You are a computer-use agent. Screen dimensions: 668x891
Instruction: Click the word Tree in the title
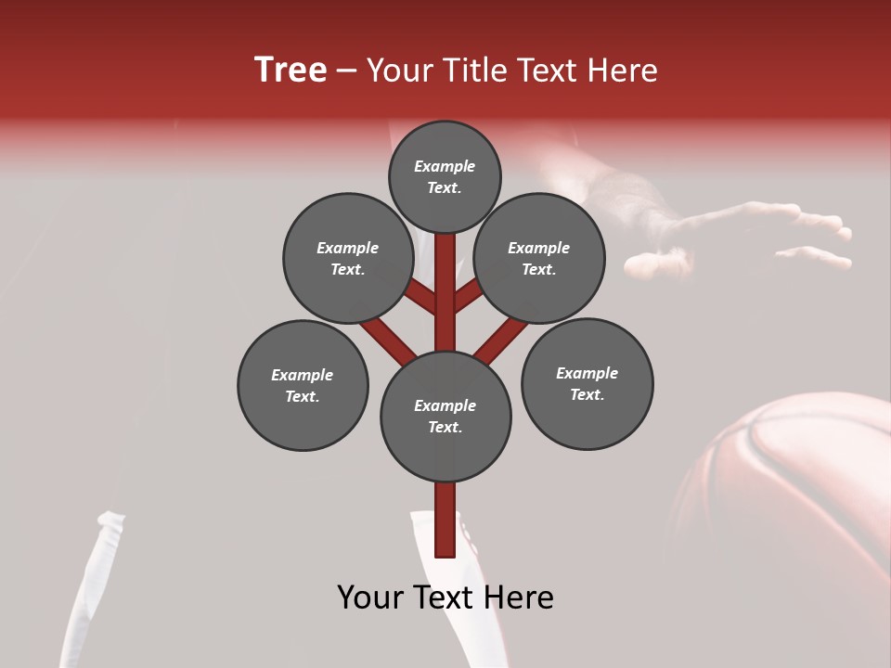click(x=291, y=71)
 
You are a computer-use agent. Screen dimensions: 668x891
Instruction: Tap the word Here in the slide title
click(x=623, y=71)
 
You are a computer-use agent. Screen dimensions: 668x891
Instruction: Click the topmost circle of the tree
click(x=445, y=176)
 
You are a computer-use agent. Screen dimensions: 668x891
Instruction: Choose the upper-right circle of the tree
click(x=539, y=258)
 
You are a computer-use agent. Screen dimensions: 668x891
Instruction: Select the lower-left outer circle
click(x=303, y=385)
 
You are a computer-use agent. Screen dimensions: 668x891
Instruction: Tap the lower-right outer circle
click(x=587, y=383)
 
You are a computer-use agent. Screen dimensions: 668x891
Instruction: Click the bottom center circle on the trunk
click(x=445, y=416)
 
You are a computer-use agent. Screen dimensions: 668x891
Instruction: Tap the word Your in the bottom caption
click(x=371, y=597)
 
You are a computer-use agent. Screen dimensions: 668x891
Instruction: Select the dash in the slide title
click(x=346, y=71)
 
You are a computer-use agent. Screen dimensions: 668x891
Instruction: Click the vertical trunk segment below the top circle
click(x=445, y=278)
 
